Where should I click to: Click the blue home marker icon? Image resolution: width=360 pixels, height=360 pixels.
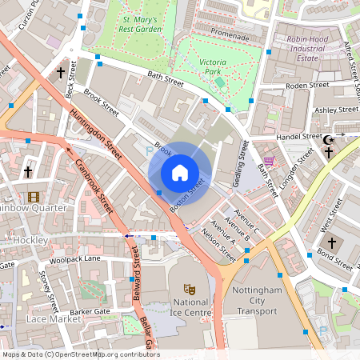(180, 173)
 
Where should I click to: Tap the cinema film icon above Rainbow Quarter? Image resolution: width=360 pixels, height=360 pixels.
(34, 197)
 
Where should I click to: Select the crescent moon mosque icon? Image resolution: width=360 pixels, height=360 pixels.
(328, 142)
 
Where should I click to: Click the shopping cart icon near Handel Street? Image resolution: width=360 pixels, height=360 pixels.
(269, 161)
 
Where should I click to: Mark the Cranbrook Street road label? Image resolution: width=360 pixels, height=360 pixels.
(94, 185)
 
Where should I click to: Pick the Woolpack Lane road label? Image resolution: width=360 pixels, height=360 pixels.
(74, 259)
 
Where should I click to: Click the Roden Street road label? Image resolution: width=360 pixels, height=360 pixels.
(308, 85)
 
